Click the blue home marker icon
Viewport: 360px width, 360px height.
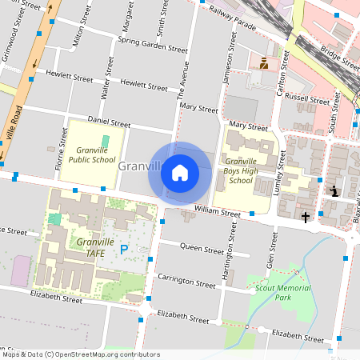point(180,172)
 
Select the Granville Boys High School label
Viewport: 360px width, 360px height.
point(241,170)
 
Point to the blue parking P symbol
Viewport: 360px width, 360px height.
point(124,250)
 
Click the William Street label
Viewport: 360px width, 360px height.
point(217,214)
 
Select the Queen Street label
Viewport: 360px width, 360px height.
point(202,250)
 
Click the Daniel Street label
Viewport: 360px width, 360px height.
point(109,123)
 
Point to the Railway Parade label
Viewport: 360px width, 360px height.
point(233,18)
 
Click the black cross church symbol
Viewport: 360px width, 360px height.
point(305,217)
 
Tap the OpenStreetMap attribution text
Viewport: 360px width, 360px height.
point(81,354)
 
